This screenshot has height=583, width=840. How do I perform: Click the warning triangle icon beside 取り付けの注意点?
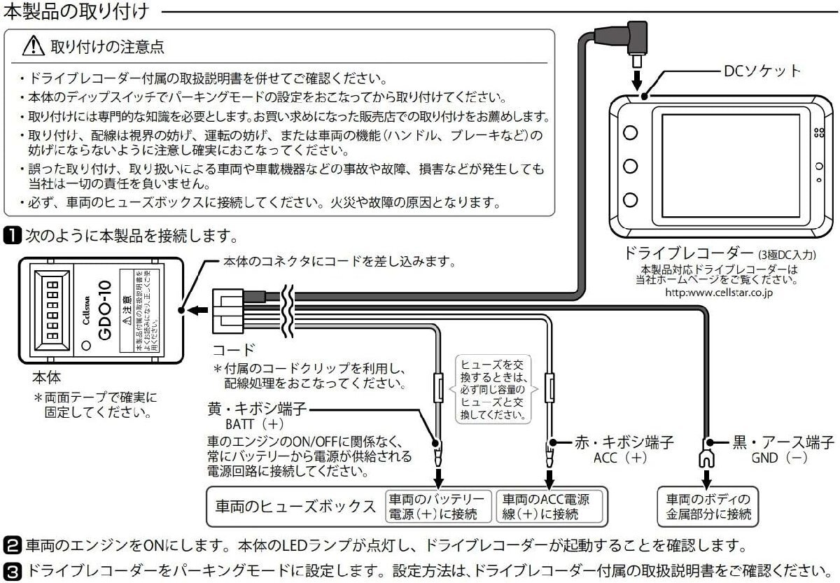(x=34, y=47)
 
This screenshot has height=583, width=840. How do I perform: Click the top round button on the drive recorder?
(x=630, y=133)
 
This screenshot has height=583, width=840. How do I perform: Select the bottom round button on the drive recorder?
(x=630, y=199)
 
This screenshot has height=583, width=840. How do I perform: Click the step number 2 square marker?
(x=13, y=544)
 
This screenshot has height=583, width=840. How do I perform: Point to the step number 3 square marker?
(x=13, y=568)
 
